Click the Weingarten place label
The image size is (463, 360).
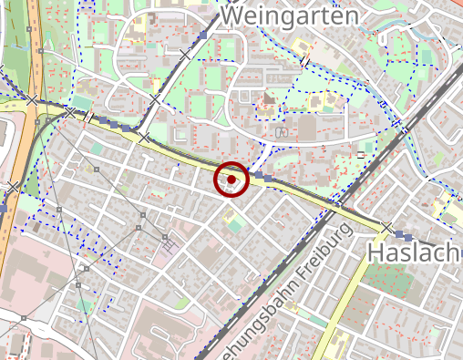(x=289, y=15)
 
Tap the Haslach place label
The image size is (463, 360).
(x=415, y=252)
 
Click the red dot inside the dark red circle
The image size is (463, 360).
(x=231, y=180)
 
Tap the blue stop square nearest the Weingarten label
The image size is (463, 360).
(x=202, y=35)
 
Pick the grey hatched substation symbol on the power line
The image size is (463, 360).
(x=168, y=243)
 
